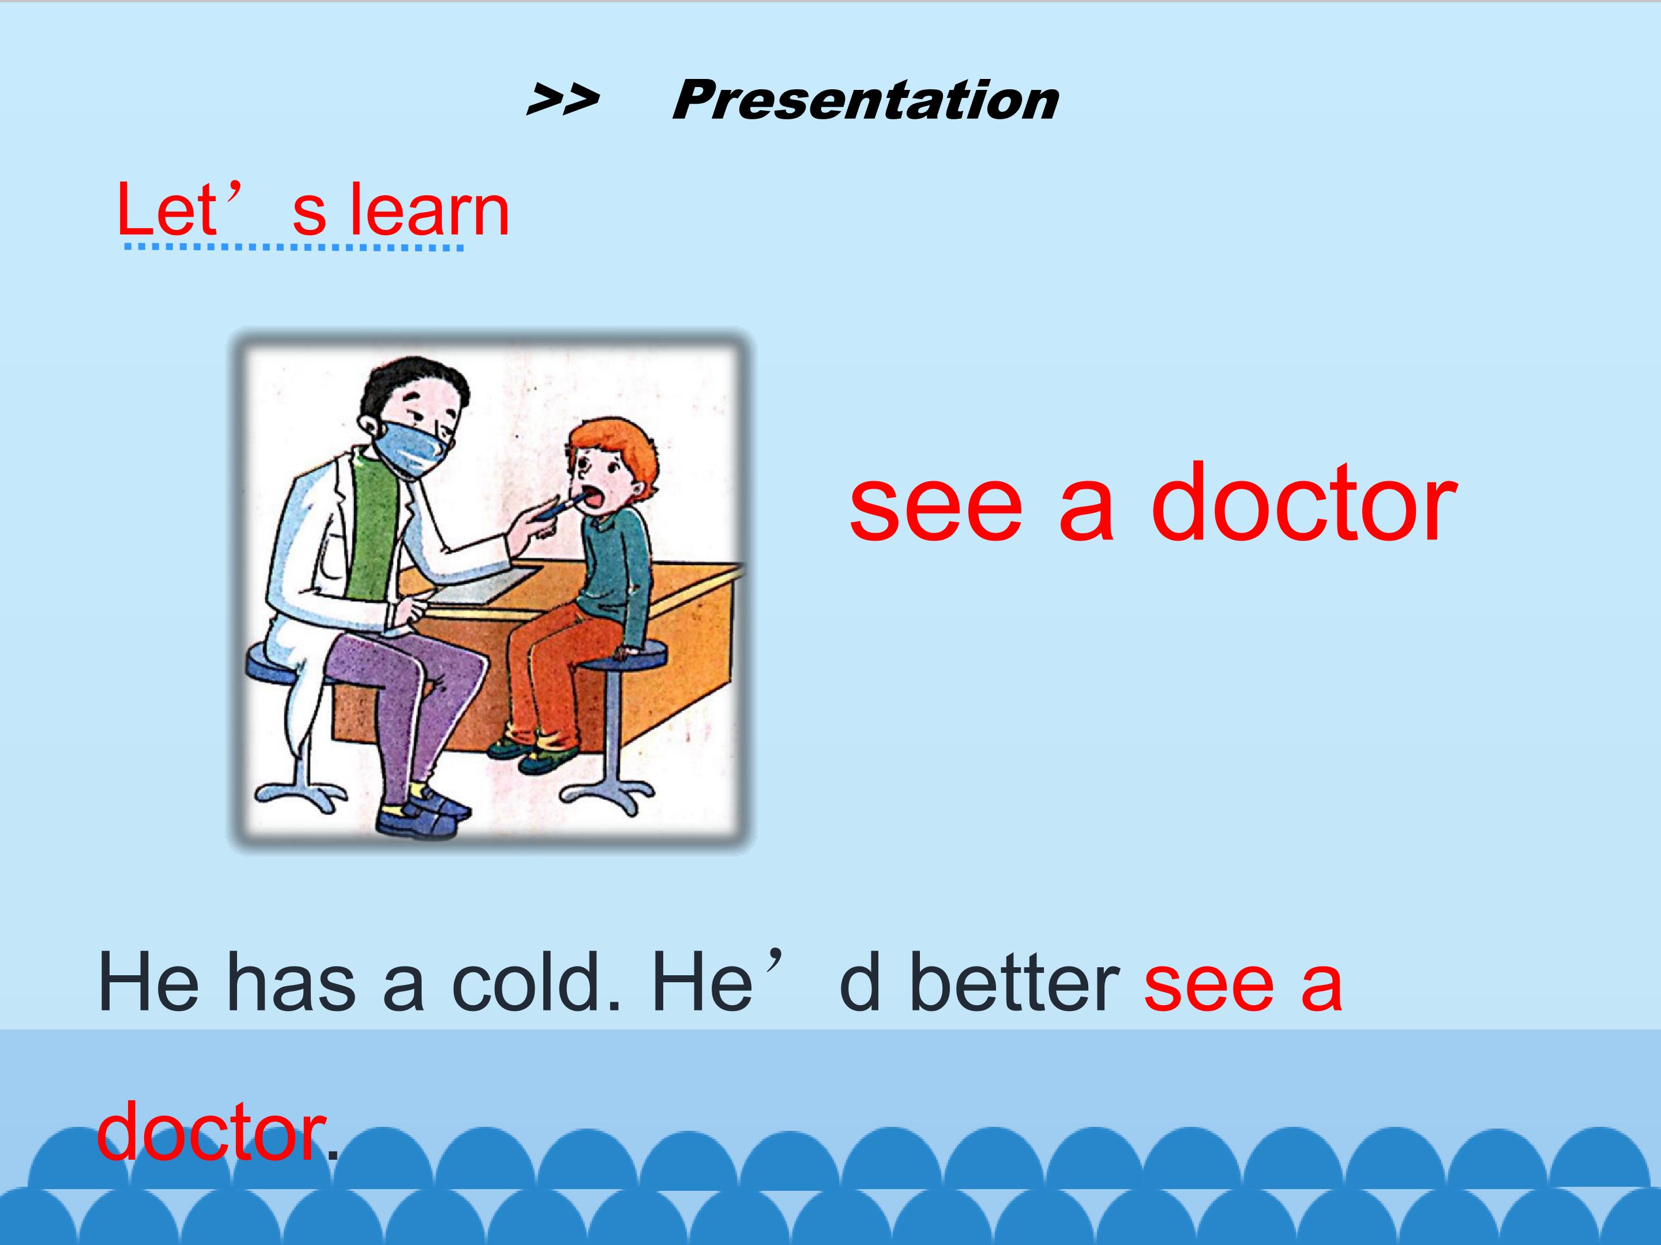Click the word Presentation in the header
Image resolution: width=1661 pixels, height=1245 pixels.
tap(865, 100)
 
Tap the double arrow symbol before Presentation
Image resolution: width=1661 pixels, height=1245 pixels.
tap(563, 100)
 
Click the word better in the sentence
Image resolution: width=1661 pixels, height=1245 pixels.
tap(1014, 982)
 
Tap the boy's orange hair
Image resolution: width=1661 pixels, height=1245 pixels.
tap(612, 447)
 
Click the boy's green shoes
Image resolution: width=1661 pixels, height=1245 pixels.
tap(533, 756)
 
